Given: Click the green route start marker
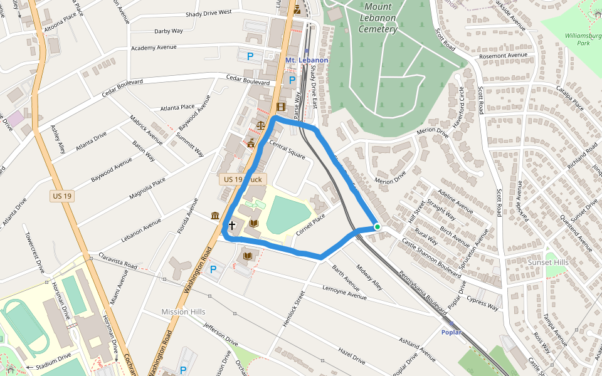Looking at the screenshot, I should click(x=377, y=227).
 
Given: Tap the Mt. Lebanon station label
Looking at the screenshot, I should click(x=307, y=60).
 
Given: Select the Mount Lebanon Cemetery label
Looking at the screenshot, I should click(x=378, y=19).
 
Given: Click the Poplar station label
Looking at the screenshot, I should click(x=451, y=332).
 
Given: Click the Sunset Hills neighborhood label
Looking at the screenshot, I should click(x=547, y=262).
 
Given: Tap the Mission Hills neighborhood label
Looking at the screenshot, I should click(x=183, y=311).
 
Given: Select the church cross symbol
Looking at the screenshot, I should click(x=232, y=224).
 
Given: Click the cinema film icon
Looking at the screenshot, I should click(x=281, y=108).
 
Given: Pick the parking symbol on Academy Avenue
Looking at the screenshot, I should click(x=250, y=56).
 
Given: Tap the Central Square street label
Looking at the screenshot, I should click(x=287, y=149).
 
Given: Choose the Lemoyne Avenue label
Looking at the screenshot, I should click(x=344, y=292).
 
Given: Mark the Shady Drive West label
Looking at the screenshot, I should click(x=208, y=13).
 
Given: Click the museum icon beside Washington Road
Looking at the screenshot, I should click(x=215, y=216).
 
